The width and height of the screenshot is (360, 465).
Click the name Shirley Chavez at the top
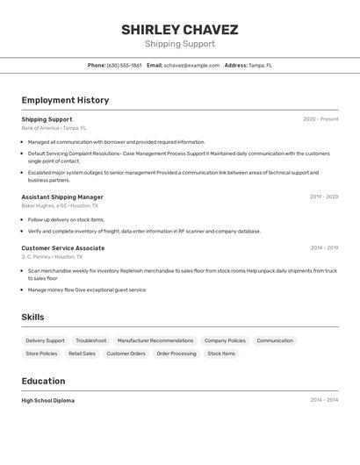point(179,30)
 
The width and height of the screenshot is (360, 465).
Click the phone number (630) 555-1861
point(124,65)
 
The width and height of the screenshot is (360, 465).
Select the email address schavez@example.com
point(191,65)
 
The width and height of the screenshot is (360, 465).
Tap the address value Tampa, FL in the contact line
point(260,65)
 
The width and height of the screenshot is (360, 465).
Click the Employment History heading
point(65,100)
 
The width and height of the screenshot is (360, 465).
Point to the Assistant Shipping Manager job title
point(62,197)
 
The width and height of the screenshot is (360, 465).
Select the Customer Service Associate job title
point(63,248)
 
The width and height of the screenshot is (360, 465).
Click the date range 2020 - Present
point(320,119)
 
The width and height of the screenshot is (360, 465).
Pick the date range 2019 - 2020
point(324,197)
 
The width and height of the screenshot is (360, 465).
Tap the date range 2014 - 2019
point(324,248)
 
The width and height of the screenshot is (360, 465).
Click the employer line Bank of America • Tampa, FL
point(54,128)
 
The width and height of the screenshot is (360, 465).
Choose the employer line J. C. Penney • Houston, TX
point(52,257)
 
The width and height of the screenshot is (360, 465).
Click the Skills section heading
point(32,317)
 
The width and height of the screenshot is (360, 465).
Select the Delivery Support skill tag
point(45,340)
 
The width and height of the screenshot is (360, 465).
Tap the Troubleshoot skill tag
point(91,340)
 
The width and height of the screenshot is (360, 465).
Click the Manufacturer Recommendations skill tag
point(155,340)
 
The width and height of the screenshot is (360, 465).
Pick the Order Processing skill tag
point(176,354)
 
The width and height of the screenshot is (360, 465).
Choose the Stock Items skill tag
point(221,354)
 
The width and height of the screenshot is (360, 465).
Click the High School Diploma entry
point(48,400)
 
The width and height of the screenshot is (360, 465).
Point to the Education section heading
point(43,381)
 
